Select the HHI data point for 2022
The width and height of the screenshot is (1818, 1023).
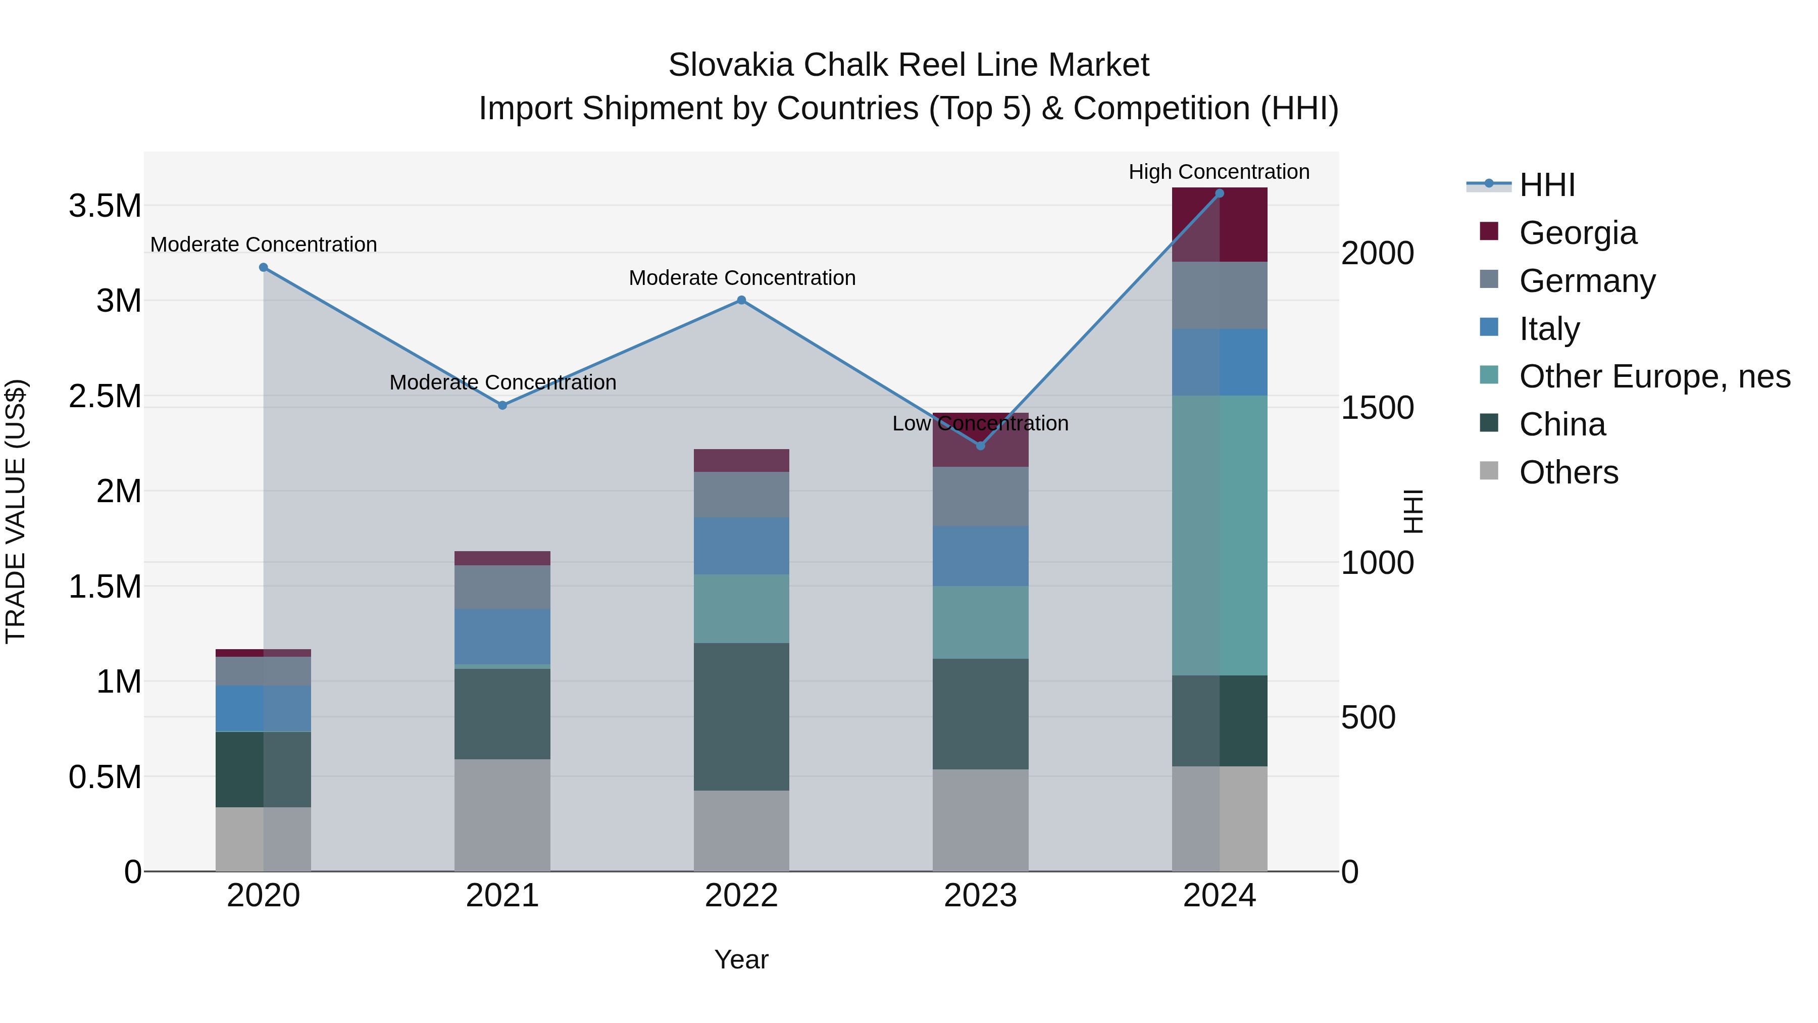(741, 300)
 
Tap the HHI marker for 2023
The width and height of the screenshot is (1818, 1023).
(980, 446)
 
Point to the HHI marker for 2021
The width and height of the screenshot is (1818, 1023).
(502, 405)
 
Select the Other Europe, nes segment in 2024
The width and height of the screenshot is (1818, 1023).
(1220, 535)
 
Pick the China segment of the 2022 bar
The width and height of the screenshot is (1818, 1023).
(741, 716)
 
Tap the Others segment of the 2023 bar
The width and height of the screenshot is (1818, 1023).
(980, 820)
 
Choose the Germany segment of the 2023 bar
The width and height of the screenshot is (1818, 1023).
(980, 496)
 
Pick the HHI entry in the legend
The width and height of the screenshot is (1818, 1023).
(1546, 185)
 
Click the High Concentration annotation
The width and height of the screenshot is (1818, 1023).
(1219, 172)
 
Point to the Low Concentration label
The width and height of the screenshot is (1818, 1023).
(980, 424)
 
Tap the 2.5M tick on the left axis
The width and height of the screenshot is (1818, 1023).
(105, 397)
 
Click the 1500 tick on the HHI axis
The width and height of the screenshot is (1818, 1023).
(1377, 408)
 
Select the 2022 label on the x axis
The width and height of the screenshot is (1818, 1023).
(741, 896)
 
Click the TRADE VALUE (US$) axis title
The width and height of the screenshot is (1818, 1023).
(16, 512)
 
